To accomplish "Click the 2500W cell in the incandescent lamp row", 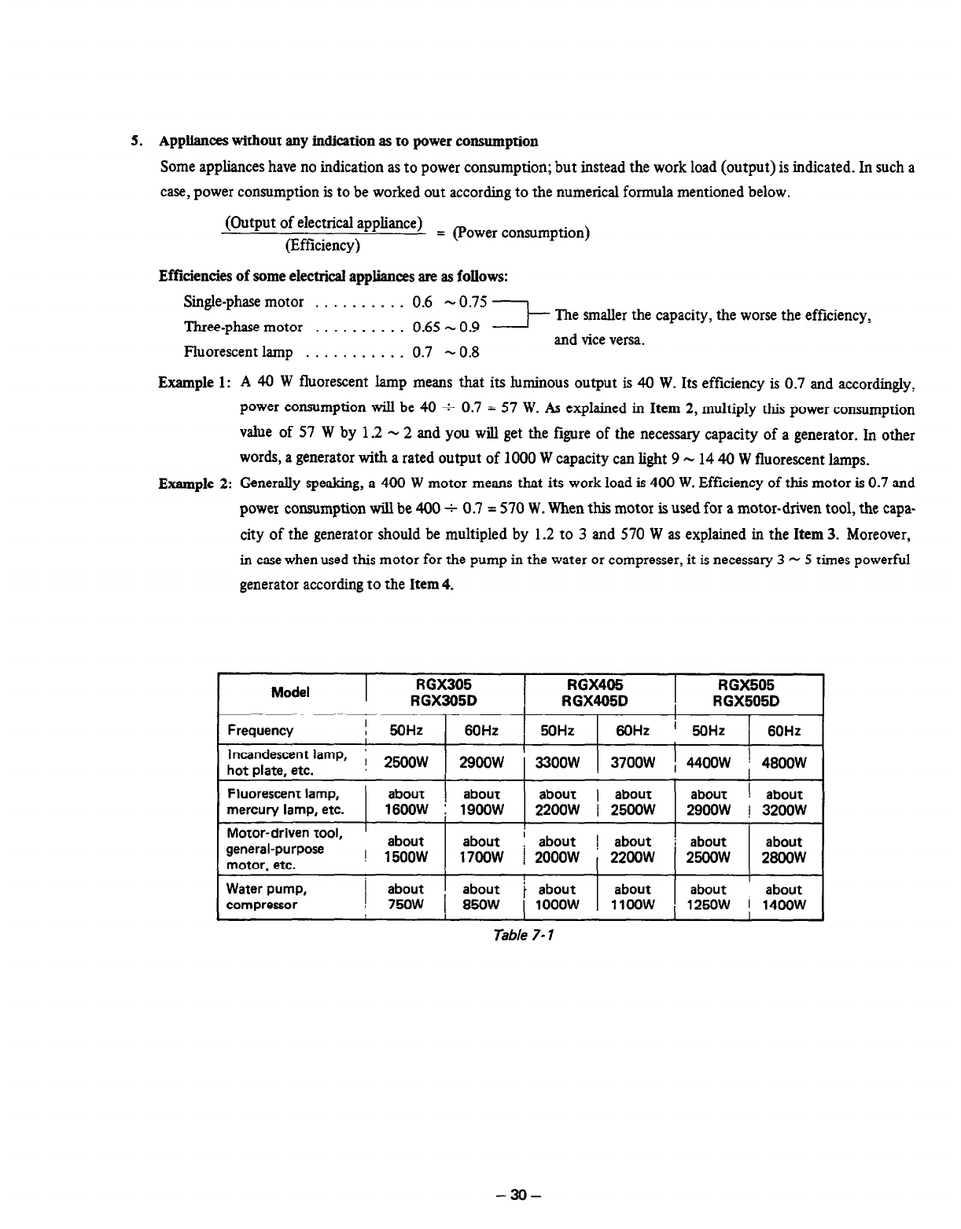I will (x=406, y=762).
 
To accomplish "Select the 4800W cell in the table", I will (x=783, y=762).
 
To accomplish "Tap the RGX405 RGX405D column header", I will (x=599, y=693).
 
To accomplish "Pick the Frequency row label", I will (x=260, y=730).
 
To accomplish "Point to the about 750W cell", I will (x=406, y=897).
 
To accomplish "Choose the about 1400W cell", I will (x=783, y=897).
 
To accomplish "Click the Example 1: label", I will (x=193, y=383).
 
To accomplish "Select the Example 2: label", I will (x=193, y=483).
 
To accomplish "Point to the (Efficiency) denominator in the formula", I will (x=323, y=245).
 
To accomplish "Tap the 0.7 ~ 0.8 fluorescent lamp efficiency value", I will (x=445, y=352).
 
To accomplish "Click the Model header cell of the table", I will (x=290, y=692).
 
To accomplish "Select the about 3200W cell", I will (x=783, y=802).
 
